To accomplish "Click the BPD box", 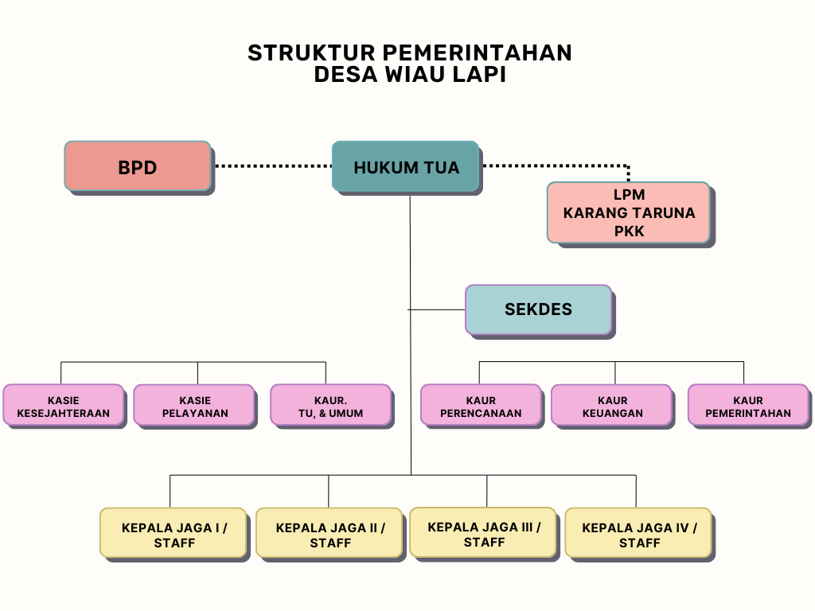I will (x=138, y=166).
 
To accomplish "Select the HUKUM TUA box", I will (x=405, y=167).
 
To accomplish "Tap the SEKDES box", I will (x=538, y=309).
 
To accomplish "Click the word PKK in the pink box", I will (x=629, y=232).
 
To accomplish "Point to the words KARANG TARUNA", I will (x=629, y=213).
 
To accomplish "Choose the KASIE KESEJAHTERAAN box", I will (x=64, y=406).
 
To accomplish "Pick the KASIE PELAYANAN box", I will (x=194, y=406).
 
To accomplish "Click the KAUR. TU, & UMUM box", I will (x=330, y=406).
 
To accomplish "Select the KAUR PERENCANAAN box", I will (x=481, y=406).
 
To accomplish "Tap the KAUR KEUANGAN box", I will (x=612, y=406).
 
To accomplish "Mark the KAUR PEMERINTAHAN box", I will (x=748, y=406).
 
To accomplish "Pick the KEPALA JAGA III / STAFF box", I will (x=483, y=532).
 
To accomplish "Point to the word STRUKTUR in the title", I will (x=310, y=53).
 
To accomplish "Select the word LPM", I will (x=629, y=195).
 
